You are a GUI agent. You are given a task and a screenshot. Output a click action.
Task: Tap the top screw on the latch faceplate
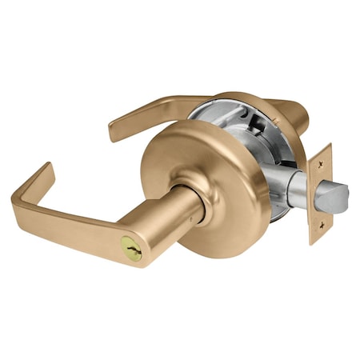[322, 159]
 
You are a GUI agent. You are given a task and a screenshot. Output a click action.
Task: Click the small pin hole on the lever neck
[194, 216]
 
